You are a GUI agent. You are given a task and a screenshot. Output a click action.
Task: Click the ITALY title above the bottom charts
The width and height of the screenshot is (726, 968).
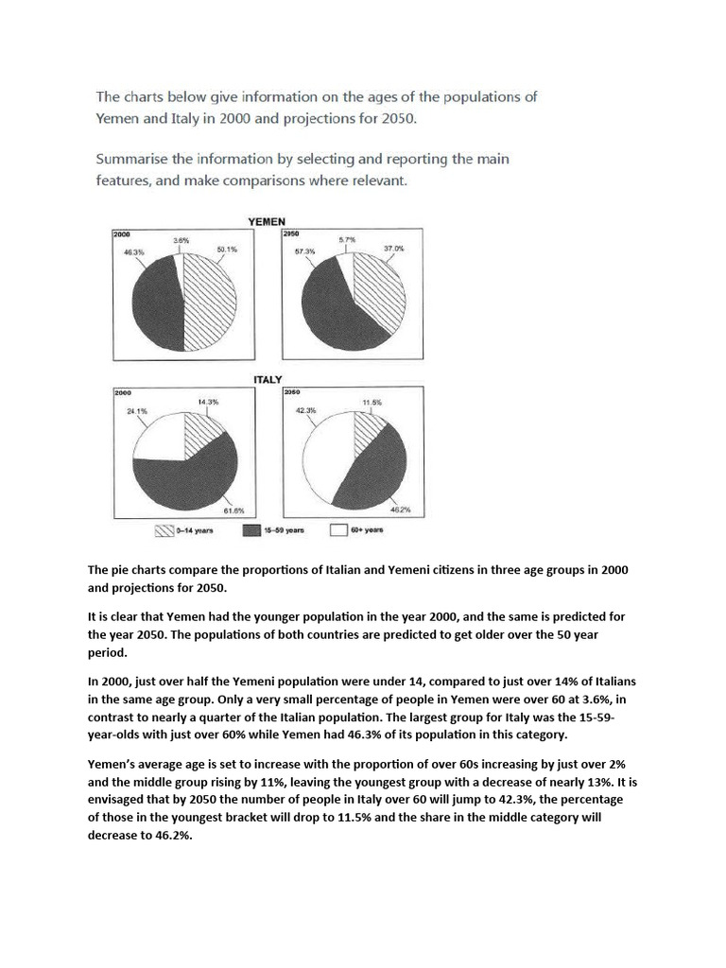[268, 379]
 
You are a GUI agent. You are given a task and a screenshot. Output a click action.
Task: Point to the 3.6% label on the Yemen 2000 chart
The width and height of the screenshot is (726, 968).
[181, 240]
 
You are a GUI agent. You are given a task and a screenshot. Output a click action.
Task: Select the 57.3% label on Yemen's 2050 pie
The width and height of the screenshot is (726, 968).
[303, 251]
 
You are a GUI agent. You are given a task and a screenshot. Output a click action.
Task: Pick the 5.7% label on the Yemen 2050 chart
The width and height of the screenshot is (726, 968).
[348, 240]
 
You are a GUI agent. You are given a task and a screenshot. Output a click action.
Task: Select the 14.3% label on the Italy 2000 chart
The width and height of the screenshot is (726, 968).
[208, 402]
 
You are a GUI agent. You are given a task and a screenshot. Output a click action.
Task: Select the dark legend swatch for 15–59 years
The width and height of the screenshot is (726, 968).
[254, 530]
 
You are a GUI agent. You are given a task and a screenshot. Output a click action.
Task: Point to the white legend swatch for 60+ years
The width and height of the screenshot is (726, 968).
[338, 530]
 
